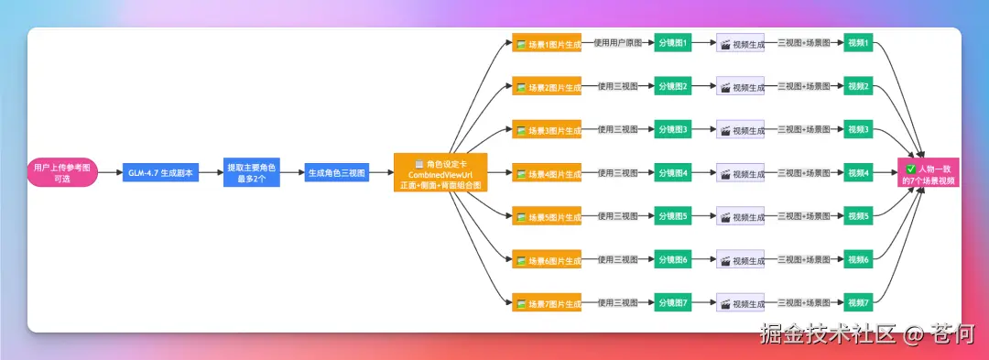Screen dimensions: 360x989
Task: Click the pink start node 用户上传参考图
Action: click(62, 173)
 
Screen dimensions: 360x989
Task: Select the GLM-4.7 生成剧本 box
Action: click(160, 173)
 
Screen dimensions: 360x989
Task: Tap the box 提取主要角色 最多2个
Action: click(251, 173)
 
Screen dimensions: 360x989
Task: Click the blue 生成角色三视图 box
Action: click(336, 173)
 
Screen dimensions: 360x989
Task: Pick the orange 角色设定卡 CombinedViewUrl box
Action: click(440, 173)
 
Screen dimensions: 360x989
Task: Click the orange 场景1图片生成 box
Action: click(547, 43)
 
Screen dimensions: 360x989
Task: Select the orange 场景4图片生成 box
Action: click(547, 173)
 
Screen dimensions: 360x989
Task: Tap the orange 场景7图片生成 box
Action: click(547, 303)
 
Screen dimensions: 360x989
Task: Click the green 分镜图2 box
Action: click(672, 87)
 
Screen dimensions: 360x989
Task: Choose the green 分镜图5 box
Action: click(672, 216)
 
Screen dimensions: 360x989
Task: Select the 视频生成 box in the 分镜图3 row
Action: click(740, 130)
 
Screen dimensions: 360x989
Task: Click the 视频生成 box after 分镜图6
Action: click(740, 260)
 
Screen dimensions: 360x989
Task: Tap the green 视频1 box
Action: click(858, 43)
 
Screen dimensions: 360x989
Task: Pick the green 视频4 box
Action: click(858, 173)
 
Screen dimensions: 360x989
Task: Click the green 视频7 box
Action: click(858, 303)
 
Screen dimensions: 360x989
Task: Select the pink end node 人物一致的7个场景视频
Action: click(929, 174)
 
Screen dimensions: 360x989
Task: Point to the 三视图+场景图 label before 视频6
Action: click(803, 260)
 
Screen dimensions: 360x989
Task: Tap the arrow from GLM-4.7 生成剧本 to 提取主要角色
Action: click(211, 173)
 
